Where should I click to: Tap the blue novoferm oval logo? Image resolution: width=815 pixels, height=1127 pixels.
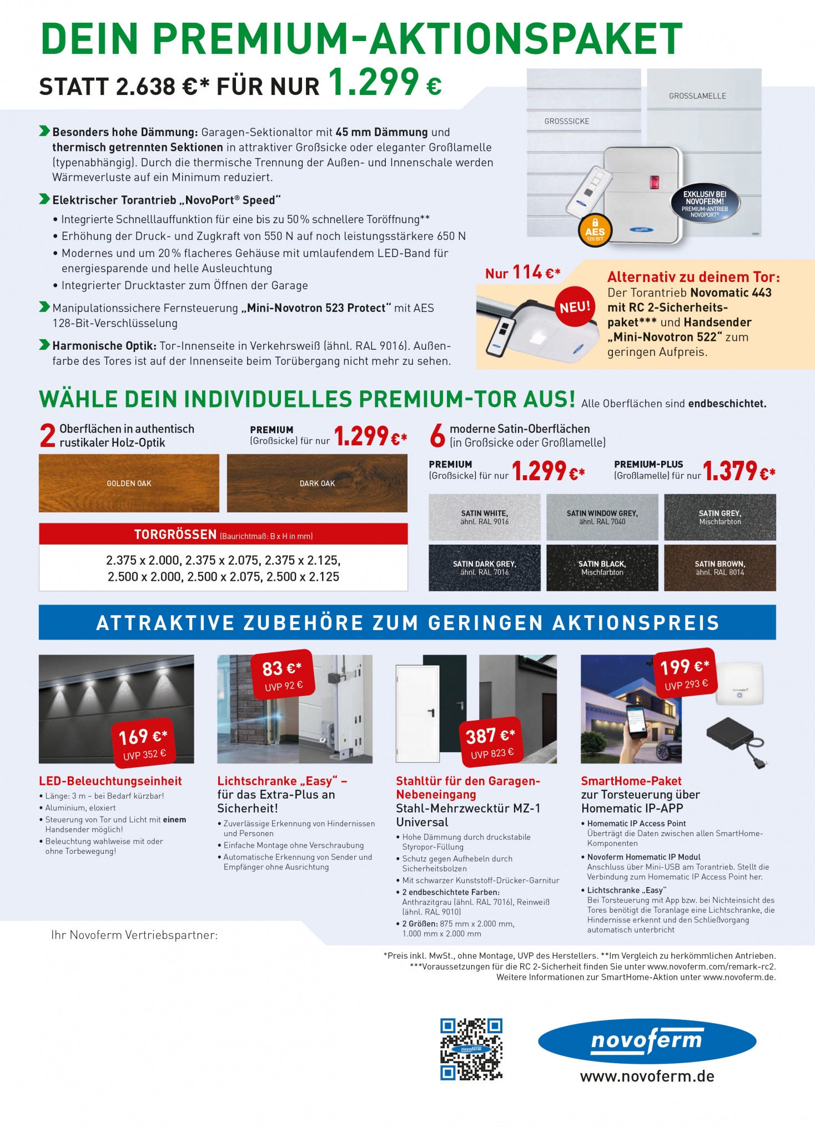coord(647,1041)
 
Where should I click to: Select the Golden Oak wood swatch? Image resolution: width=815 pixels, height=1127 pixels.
coord(129,483)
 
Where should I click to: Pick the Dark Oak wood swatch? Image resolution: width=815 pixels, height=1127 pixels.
coord(317,483)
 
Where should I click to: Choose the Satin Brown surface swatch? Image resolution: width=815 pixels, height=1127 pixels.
coord(720,567)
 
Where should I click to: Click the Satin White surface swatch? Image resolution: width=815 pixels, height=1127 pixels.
coord(484,517)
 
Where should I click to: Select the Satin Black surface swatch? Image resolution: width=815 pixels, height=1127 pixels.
coord(602,567)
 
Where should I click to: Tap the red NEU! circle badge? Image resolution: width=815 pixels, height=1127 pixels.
coord(575,307)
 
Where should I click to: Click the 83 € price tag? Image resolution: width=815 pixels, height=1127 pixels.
coord(283,674)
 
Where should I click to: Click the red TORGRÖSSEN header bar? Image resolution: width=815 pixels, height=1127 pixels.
coord(223,534)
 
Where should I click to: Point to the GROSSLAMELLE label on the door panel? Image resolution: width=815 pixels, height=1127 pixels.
coord(697,96)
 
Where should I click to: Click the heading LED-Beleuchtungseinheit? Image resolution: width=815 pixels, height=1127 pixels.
coord(110,781)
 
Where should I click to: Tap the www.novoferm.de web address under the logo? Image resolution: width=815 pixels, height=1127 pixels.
coord(647,1076)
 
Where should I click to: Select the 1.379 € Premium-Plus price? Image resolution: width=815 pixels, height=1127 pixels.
coord(738,471)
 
